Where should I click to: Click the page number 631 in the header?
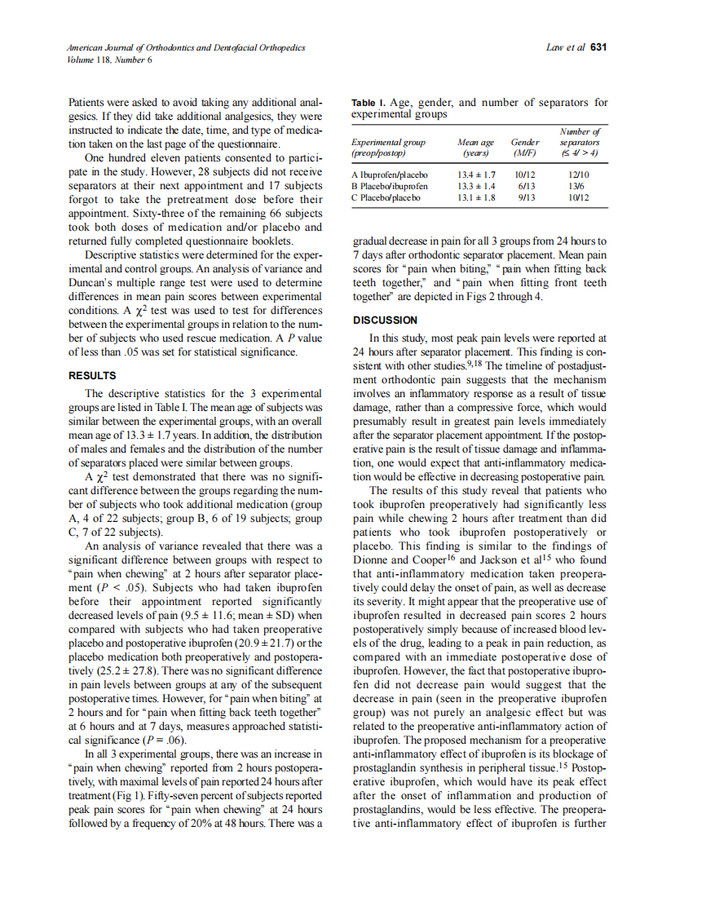coord(598,48)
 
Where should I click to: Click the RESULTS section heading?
coord(92,376)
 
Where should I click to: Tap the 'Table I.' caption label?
coord(368,103)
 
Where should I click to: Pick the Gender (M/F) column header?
coord(524,147)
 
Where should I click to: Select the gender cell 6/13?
coord(525,186)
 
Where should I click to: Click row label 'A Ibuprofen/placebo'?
coord(390,175)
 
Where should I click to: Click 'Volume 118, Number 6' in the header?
coord(109,60)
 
